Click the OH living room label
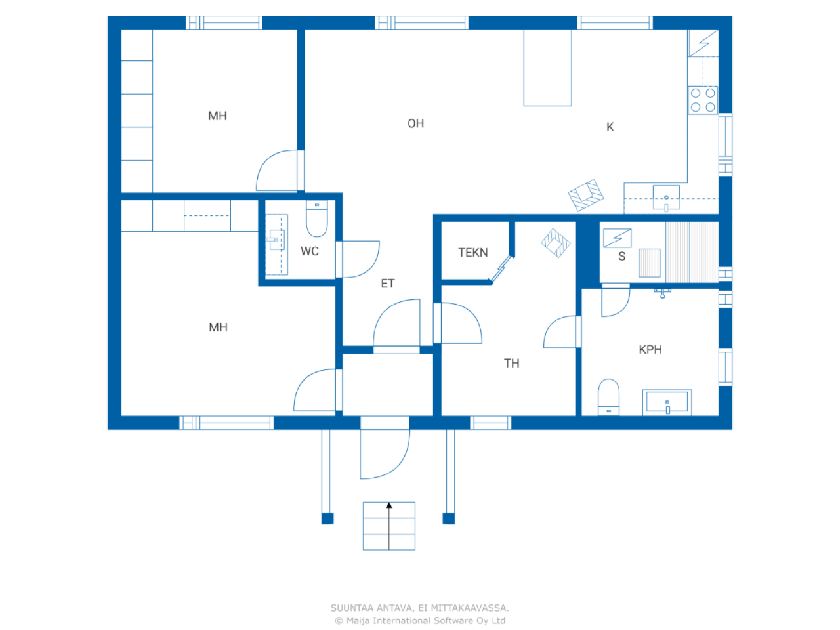click(415, 123)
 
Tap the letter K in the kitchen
click(610, 127)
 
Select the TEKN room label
click(472, 252)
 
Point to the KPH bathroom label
click(650, 349)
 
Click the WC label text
click(309, 251)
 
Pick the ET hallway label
click(387, 283)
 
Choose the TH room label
click(511, 363)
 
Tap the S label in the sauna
click(621, 256)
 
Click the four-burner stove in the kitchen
click(702, 100)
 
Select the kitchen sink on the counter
click(666, 198)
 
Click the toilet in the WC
click(316, 218)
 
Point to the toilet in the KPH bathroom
click(608, 396)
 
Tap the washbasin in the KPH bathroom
click(667, 402)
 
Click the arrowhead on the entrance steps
click(388, 505)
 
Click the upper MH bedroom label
click(217, 115)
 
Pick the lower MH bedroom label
click(218, 327)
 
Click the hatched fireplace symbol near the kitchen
click(585, 195)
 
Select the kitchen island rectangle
click(547, 68)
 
